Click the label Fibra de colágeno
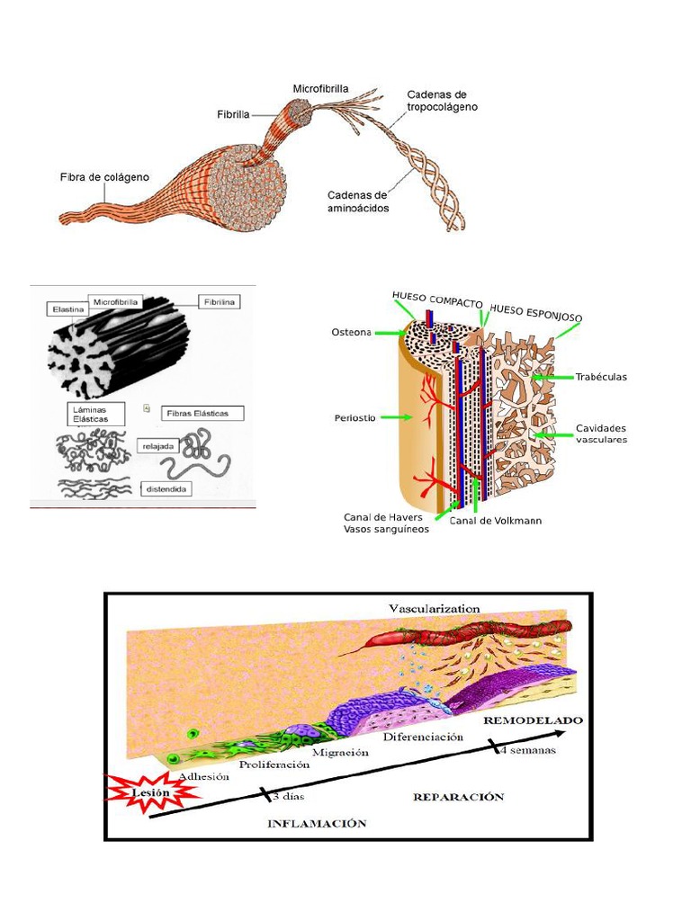104,177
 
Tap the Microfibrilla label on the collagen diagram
320,89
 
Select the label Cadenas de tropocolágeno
442,101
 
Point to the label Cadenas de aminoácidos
356,201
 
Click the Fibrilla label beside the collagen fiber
233,114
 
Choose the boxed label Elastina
67,309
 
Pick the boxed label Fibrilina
219,302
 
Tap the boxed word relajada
159,445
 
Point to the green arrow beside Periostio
393,417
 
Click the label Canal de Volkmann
495,521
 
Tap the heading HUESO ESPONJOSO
536,312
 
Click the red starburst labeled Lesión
149,792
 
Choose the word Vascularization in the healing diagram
434,609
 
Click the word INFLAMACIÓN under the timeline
317,823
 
